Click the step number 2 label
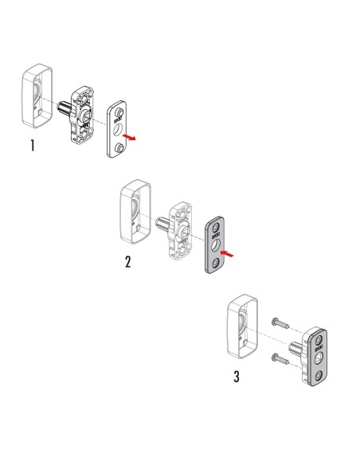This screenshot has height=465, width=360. click(128, 262)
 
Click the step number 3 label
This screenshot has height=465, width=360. click(237, 376)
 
